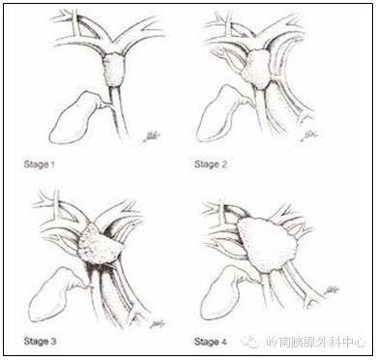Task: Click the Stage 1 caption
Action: point(40,165)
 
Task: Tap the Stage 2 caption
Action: point(211,165)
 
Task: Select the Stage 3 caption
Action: point(40,342)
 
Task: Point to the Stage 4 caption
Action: point(211,342)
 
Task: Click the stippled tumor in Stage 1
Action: point(114,70)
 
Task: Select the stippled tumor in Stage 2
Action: point(257,70)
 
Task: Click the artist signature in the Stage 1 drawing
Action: point(152,136)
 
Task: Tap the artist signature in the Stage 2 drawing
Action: point(309,135)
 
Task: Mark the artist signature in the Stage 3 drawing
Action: point(158,323)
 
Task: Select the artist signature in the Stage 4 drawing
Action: point(332,289)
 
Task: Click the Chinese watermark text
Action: point(316,342)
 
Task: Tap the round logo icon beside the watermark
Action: point(251,341)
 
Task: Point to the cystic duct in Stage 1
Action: point(104,105)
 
